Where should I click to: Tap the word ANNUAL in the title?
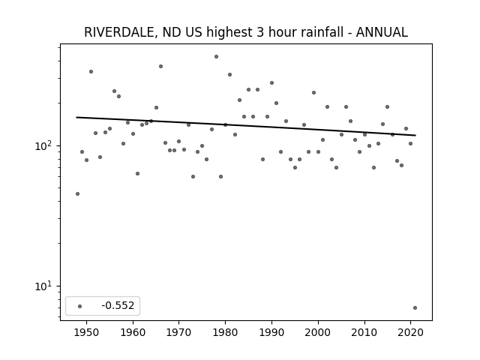point(382,32)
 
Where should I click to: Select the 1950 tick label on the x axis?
point(87,332)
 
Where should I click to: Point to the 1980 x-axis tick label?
point(225,332)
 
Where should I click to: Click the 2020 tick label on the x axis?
point(410,332)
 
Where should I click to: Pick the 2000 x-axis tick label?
point(318,332)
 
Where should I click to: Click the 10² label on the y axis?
point(43,145)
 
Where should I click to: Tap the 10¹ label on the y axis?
point(43,286)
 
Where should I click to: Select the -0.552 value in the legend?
point(118,305)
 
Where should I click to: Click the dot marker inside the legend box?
point(79,306)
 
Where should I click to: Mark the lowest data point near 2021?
point(415,308)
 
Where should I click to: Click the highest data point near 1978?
point(216,57)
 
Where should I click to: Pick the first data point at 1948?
point(77,193)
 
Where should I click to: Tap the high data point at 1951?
point(91,72)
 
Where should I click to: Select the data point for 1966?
point(160,67)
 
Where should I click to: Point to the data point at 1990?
point(271,83)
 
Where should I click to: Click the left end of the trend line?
point(76,117)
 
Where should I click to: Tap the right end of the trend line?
point(415,135)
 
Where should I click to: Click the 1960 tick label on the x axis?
point(133,332)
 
